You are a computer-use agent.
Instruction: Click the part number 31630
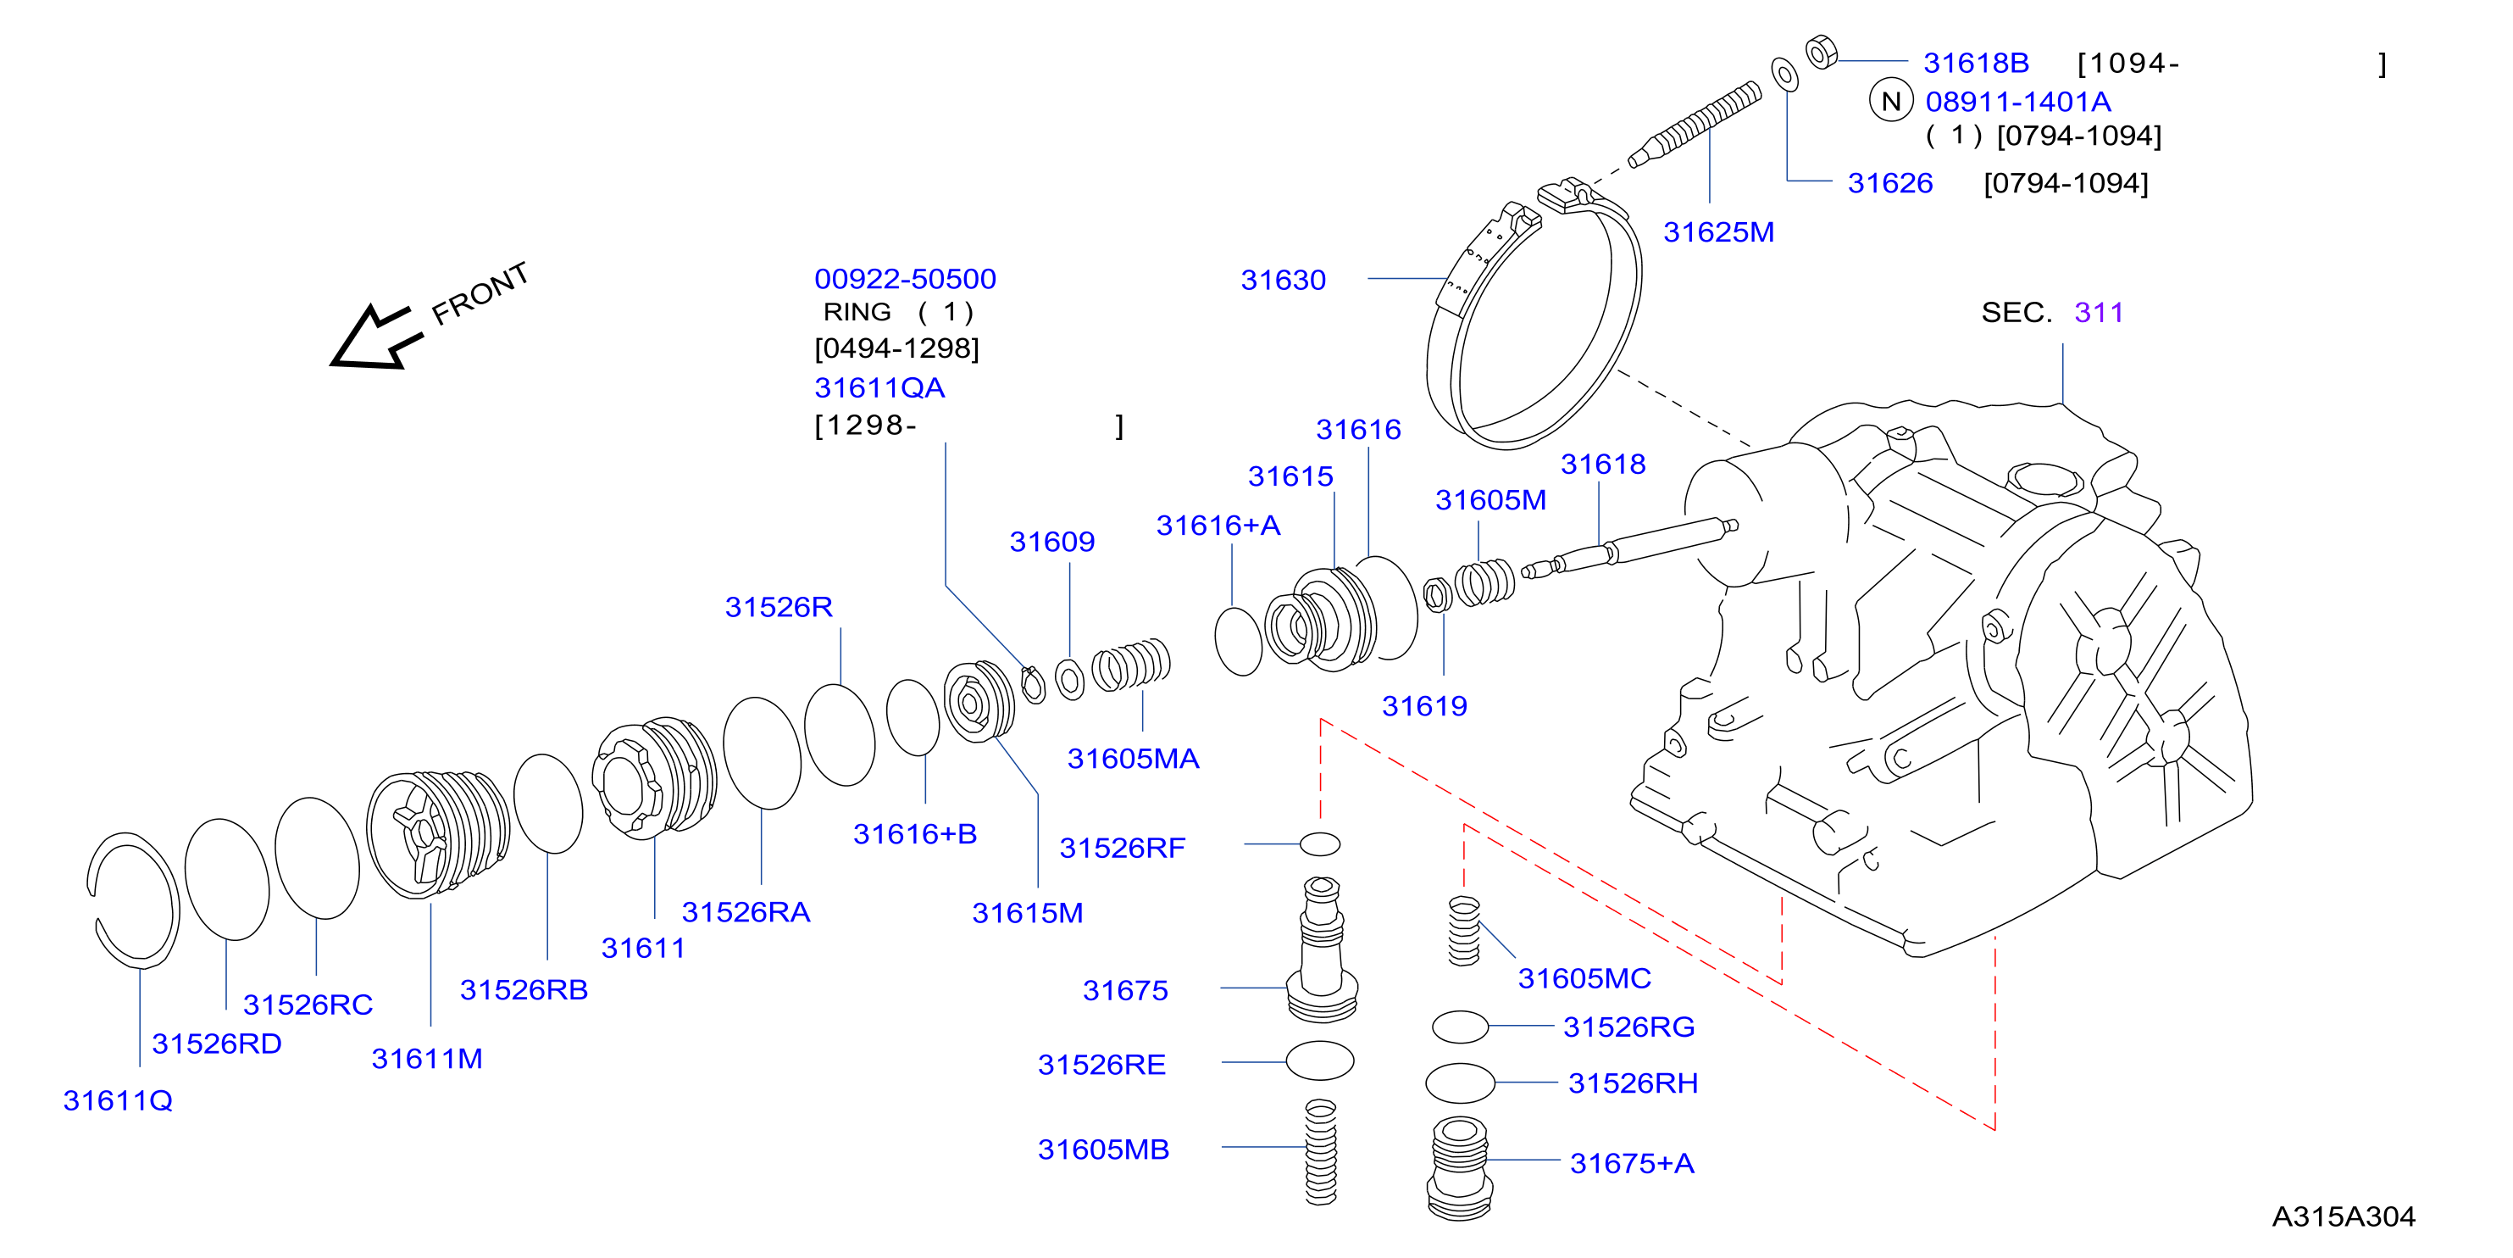tap(1283, 280)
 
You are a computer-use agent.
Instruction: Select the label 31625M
tap(1718, 232)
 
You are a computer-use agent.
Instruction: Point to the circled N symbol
tap(1890, 101)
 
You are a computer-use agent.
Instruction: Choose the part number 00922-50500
tap(905, 279)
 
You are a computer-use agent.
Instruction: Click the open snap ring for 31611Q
tap(133, 899)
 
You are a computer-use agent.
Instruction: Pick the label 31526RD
tap(217, 1044)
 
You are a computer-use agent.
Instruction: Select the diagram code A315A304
tap(2344, 1216)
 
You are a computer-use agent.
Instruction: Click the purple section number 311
tap(2099, 312)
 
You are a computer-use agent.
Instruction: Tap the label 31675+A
tap(1631, 1163)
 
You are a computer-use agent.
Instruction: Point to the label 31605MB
tap(1103, 1149)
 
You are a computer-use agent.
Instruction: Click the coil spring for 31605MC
tap(1463, 931)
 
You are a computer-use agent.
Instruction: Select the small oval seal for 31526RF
tap(1320, 844)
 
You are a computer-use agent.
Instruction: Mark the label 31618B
tap(1976, 63)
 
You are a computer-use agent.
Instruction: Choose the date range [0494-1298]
tap(896, 348)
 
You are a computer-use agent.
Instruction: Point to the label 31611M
tap(426, 1059)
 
